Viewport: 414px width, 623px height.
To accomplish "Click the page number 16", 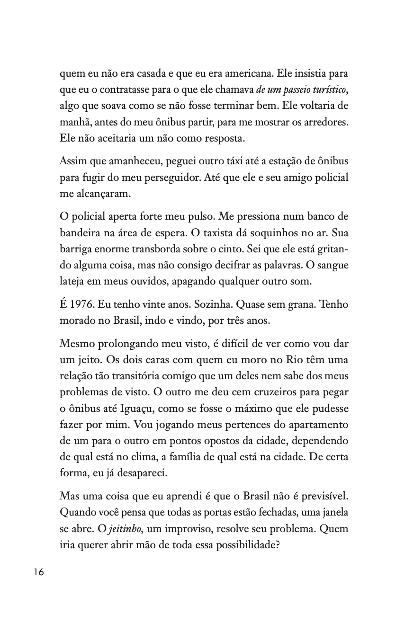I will (x=38, y=572).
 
